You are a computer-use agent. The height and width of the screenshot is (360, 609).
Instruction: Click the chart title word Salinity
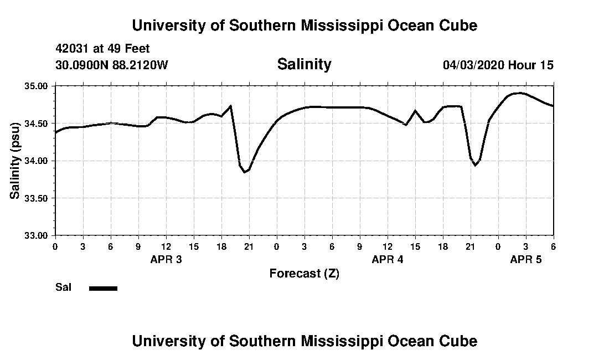click(x=304, y=64)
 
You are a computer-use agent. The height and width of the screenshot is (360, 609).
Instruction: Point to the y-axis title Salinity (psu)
click(x=15, y=161)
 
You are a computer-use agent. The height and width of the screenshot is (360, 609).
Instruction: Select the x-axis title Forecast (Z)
click(x=304, y=274)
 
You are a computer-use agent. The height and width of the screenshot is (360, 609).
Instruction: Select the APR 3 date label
click(x=166, y=259)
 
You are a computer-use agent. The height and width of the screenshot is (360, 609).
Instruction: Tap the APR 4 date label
click(x=388, y=259)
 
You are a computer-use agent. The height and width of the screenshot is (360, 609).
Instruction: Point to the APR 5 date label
click(x=526, y=259)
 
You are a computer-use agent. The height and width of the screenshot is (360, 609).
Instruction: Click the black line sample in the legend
click(x=103, y=288)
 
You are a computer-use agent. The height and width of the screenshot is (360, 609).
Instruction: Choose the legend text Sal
click(x=63, y=287)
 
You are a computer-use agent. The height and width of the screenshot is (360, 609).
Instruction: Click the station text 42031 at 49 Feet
click(x=102, y=49)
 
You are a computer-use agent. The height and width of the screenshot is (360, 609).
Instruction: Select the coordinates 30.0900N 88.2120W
click(x=111, y=65)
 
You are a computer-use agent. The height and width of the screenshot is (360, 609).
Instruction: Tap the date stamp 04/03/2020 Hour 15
click(x=498, y=65)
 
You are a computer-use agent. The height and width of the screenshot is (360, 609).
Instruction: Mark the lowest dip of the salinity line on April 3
click(x=244, y=172)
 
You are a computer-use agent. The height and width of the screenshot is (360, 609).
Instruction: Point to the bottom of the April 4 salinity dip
click(x=475, y=165)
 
